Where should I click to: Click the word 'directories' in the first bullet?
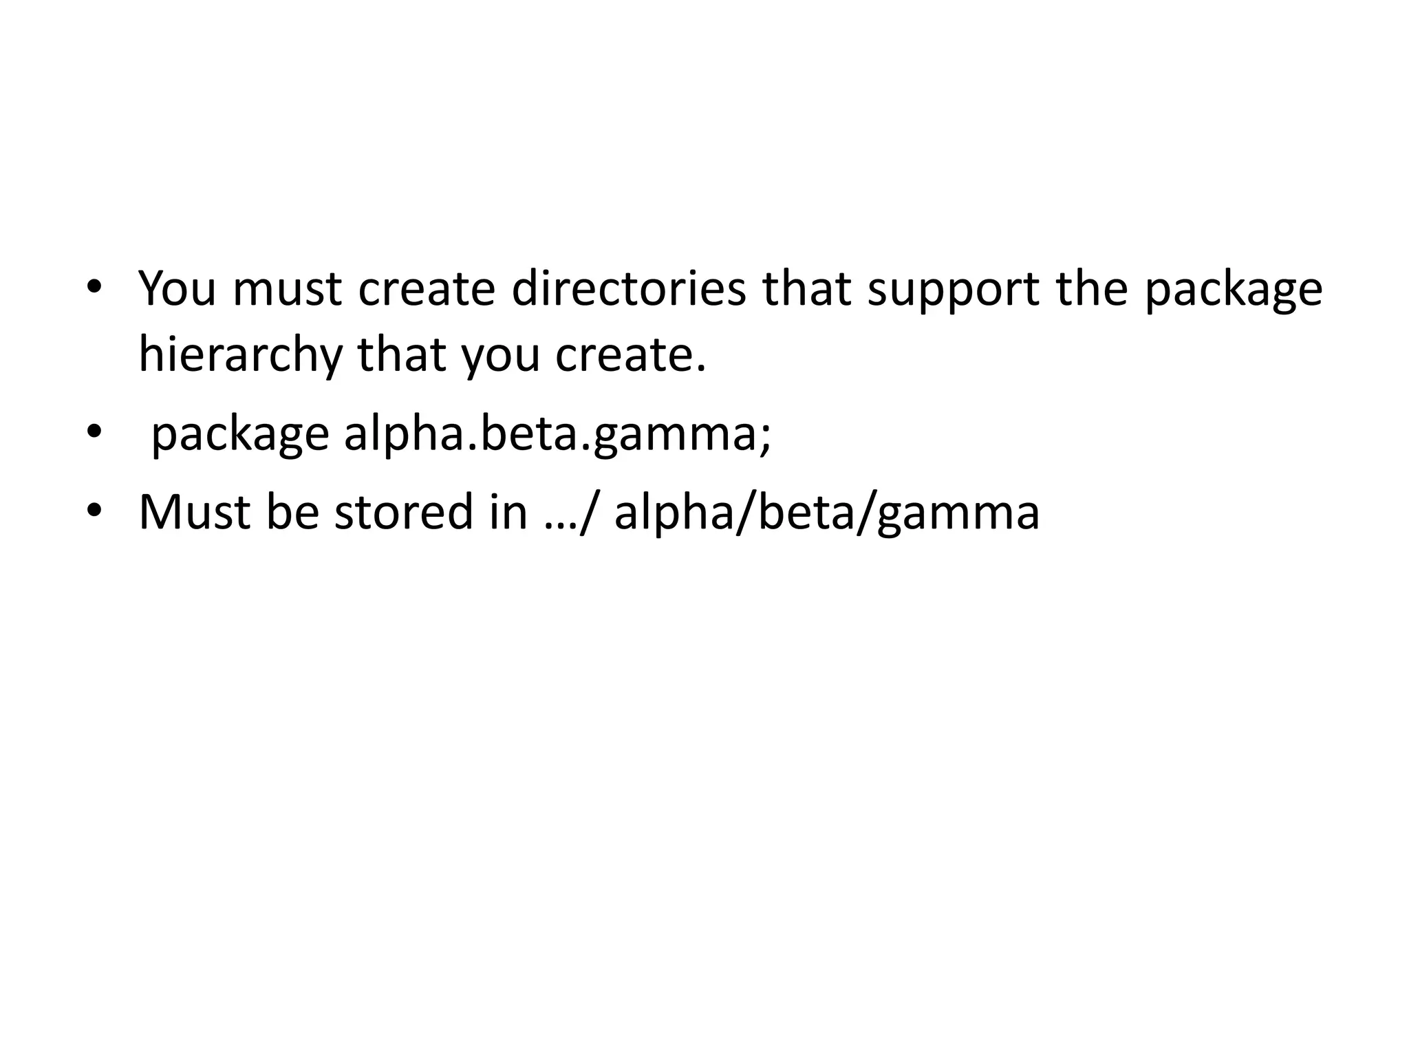(628, 288)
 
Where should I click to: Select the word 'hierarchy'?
(240, 355)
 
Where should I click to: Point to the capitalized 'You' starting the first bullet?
(178, 288)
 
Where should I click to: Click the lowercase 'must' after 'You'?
(287, 288)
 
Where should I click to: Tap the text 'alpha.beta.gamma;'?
(557, 435)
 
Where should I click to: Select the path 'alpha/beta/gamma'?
(826, 512)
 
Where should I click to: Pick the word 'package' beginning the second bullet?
(240, 435)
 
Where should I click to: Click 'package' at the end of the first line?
(1233, 288)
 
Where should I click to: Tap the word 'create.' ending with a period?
(630, 355)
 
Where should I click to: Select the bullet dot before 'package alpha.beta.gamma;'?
(94, 432)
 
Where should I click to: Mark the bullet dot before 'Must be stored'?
(94, 510)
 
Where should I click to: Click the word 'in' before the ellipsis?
(508, 512)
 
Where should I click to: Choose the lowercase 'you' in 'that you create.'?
(500, 355)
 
